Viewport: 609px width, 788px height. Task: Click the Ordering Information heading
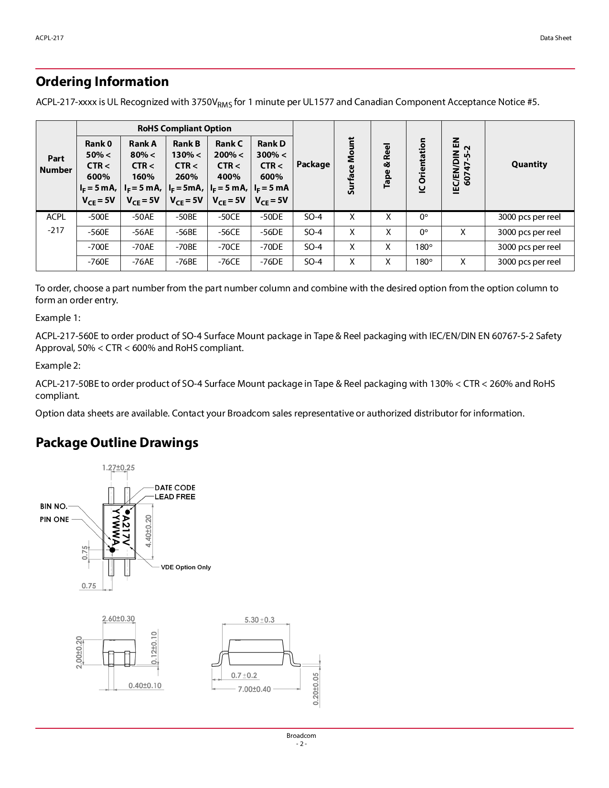(x=102, y=82)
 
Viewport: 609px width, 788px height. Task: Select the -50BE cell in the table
(x=186, y=217)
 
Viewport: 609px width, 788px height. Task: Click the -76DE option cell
(x=271, y=262)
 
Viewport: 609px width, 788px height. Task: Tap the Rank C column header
(x=229, y=144)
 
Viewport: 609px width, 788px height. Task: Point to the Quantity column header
(x=529, y=164)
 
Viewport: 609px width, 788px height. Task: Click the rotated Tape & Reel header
(x=387, y=165)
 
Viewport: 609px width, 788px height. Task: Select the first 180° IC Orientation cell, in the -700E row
(x=424, y=247)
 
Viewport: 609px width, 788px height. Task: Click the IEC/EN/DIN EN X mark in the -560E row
(x=463, y=232)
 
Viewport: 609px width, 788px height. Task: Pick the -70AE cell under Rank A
(x=143, y=247)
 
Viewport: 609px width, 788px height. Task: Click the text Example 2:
(x=58, y=365)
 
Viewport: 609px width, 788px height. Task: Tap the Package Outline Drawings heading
(x=117, y=443)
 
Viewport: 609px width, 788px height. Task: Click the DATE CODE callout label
(x=175, y=488)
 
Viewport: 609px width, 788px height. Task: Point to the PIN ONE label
(x=54, y=520)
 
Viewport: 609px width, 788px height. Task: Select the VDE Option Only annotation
(x=186, y=567)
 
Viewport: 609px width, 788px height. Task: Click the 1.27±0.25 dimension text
(x=118, y=468)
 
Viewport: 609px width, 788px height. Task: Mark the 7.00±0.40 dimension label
(x=254, y=689)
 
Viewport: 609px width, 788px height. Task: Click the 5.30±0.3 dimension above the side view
(x=259, y=620)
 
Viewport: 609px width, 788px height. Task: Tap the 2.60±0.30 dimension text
(x=118, y=619)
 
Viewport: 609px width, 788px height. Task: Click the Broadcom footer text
(x=301, y=735)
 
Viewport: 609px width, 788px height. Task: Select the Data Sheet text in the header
(x=556, y=38)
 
